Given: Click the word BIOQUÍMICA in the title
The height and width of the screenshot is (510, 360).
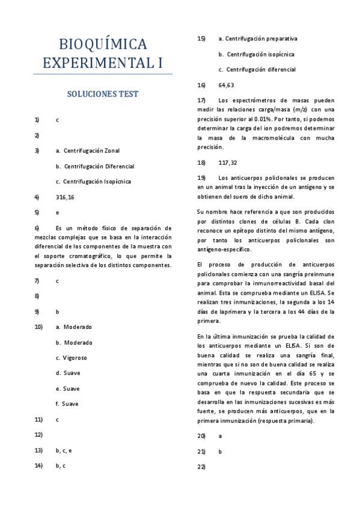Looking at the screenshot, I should (x=103, y=44).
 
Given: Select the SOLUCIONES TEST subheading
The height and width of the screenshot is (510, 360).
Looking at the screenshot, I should (x=103, y=94).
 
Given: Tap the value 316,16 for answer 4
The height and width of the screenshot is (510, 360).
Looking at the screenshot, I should (x=64, y=197).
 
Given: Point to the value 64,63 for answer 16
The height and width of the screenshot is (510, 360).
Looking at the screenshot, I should (x=227, y=85).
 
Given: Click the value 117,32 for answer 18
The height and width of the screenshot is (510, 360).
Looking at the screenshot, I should (x=228, y=162).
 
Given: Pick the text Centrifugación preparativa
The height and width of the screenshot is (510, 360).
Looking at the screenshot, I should (x=261, y=38).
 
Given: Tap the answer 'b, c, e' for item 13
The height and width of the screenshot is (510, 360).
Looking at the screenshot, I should (x=64, y=450).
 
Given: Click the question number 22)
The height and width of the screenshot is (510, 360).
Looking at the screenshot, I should (x=202, y=467).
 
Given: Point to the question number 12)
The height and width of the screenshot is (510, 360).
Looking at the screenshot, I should (x=38, y=434).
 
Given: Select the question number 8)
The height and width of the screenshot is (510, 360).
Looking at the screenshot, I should (x=37, y=296).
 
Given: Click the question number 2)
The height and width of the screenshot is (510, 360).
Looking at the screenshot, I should (x=37, y=135).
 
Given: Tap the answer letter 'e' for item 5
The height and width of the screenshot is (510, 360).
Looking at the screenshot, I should (x=57, y=212).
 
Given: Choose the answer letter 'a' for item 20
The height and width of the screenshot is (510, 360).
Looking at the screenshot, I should (x=221, y=435).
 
